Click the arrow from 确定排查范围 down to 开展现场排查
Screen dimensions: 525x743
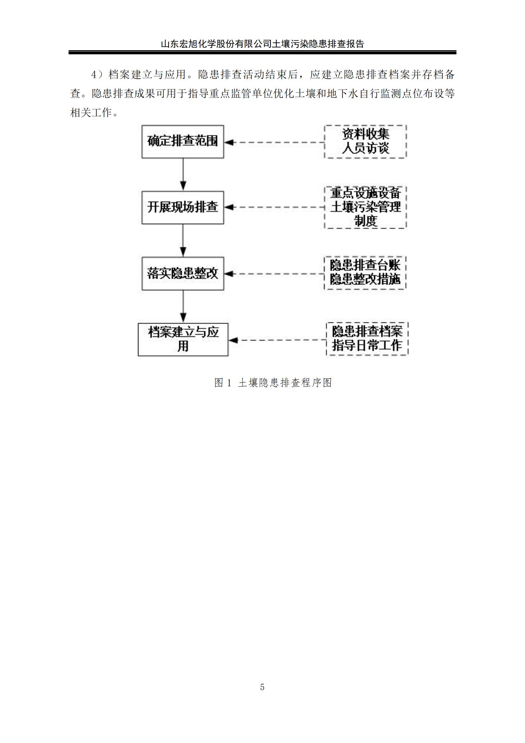tap(183, 174)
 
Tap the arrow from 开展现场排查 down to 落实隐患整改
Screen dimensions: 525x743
tap(183, 240)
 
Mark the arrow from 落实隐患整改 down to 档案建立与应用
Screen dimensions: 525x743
tap(183, 307)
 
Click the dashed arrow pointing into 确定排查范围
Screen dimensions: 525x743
tap(274, 142)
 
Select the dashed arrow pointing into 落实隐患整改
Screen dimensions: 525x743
tap(274, 274)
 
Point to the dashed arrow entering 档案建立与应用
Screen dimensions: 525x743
tap(277, 340)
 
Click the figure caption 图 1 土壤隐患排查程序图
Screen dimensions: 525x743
tap(273, 383)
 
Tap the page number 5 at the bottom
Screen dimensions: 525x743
tap(262, 687)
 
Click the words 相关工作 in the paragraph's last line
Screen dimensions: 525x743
tap(91, 113)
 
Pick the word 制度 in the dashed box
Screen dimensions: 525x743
tap(365, 221)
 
